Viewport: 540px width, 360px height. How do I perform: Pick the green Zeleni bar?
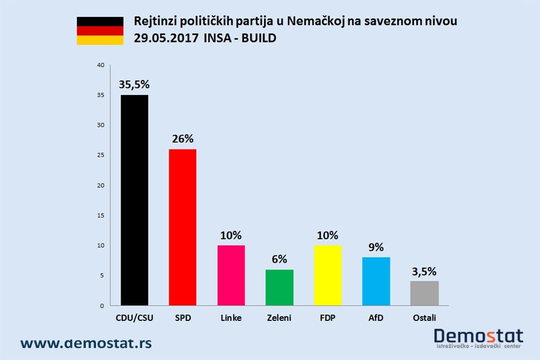tap(279, 287)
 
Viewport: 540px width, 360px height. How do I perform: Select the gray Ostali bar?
tap(424, 293)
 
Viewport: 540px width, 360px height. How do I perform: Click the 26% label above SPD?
tap(183, 139)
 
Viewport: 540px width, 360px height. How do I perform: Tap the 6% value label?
tap(279, 259)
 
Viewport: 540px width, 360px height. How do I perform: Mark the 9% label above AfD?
tap(376, 247)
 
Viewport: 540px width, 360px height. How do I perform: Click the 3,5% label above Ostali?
tap(424, 271)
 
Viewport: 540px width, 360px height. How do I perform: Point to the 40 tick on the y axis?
tap(100, 65)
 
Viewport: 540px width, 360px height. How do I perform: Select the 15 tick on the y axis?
tap(100, 215)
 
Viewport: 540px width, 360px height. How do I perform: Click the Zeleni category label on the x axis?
tap(279, 318)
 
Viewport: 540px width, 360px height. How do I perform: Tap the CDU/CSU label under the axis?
tap(134, 318)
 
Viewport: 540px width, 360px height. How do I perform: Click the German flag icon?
tap(100, 31)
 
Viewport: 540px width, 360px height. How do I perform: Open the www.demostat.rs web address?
tap(86, 343)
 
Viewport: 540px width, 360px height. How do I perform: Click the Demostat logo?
tap(478, 338)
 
